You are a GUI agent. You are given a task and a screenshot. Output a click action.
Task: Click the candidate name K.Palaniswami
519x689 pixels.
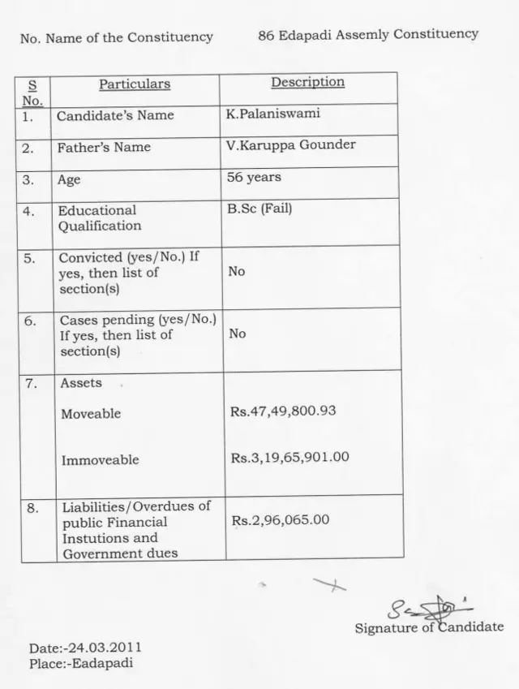click(x=273, y=114)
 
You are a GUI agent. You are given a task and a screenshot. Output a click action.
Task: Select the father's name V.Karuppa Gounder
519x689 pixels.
click(x=291, y=145)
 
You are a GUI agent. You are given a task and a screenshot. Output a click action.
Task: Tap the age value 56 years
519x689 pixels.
click(x=255, y=176)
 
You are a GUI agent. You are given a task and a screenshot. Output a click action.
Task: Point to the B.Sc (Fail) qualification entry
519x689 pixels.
click(x=259, y=209)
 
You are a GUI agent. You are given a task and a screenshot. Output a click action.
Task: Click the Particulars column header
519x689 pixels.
click(x=135, y=84)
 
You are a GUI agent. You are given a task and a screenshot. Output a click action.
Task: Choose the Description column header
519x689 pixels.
click(x=307, y=82)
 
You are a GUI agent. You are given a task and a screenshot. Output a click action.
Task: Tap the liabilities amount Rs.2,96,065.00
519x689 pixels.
click(x=281, y=519)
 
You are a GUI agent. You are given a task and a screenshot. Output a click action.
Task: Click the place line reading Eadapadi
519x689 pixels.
click(x=81, y=663)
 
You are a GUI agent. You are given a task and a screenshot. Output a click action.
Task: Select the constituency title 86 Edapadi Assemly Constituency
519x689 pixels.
click(x=368, y=34)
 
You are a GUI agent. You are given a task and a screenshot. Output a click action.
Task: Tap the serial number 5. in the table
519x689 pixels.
click(x=30, y=259)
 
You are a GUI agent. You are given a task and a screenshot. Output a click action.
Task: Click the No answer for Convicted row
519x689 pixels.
click(x=237, y=272)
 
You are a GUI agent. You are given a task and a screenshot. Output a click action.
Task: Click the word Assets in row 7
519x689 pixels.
click(x=81, y=383)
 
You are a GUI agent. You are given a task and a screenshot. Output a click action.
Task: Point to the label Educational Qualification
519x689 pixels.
click(x=99, y=218)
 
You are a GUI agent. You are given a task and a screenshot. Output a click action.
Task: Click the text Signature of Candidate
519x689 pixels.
click(x=429, y=627)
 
